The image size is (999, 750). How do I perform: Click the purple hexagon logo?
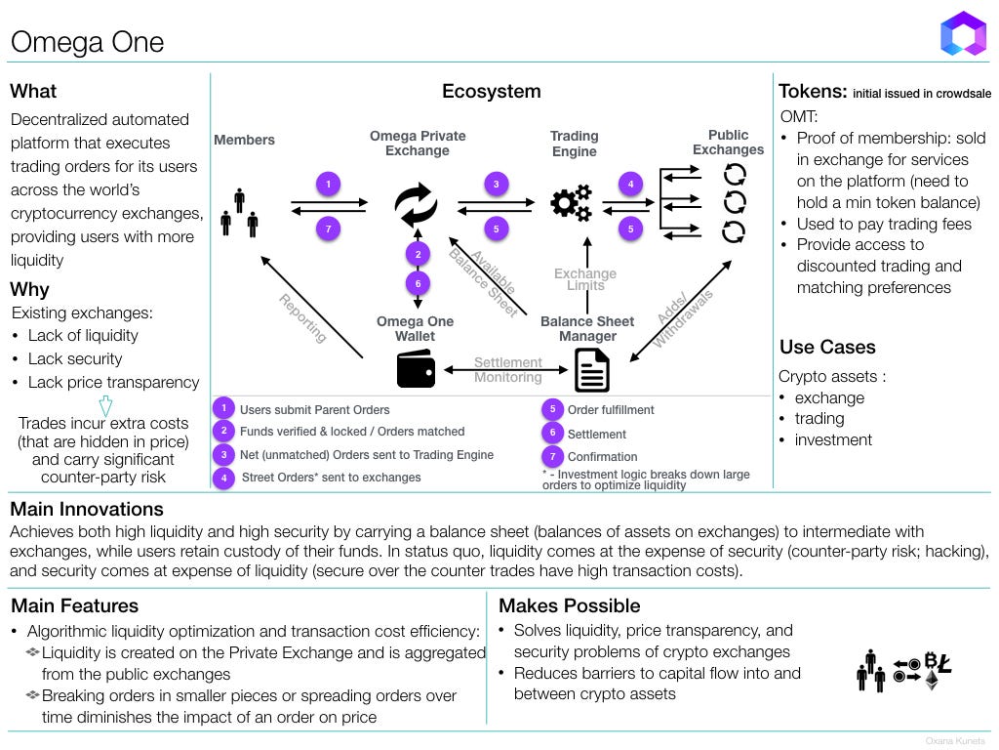(963, 33)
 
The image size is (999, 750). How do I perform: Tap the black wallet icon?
(416, 369)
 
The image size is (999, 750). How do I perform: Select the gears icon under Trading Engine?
(572, 203)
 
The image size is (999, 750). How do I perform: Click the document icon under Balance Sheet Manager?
(592, 370)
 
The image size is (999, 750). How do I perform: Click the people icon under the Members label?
(239, 213)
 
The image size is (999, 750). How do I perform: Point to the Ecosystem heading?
(492, 91)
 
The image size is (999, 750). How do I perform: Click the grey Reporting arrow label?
(302, 317)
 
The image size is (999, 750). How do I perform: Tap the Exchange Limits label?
(585, 278)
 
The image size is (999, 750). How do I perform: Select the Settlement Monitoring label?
(507, 370)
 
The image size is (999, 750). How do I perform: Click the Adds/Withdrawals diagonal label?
(682, 318)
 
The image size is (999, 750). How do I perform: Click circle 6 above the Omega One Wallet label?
(418, 284)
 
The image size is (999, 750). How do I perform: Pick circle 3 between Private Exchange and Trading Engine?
(497, 185)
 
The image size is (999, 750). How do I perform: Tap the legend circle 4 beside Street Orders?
(223, 477)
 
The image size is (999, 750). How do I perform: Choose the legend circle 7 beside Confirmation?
(552, 456)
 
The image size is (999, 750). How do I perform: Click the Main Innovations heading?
(87, 509)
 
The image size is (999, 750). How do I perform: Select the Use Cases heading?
(827, 347)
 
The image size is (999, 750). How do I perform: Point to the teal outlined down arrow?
(105, 405)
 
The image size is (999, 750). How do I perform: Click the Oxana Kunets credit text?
(955, 740)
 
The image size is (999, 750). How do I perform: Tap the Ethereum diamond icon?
(932, 680)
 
